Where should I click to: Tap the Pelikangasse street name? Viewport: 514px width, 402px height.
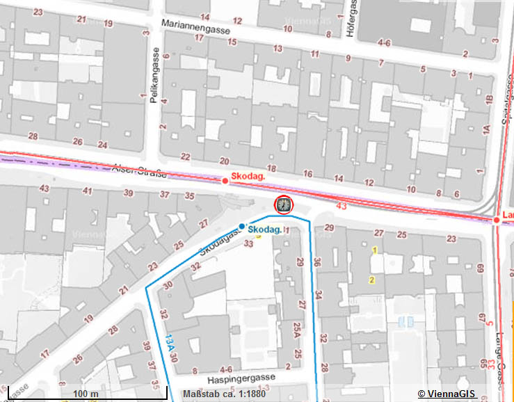pyautogui.click(x=154, y=80)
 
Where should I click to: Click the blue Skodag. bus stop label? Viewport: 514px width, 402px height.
pyautogui.click(x=264, y=230)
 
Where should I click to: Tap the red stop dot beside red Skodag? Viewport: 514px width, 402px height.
pyautogui.click(x=225, y=181)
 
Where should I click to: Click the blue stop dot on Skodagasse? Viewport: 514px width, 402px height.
pyautogui.click(x=241, y=227)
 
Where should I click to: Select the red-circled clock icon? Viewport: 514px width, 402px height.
pyautogui.click(x=284, y=204)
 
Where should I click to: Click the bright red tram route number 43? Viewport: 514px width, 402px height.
pyautogui.click(x=341, y=205)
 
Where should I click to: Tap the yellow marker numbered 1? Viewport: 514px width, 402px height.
pyautogui.click(x=375, y=250)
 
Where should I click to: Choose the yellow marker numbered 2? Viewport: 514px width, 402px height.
pyautogui.click(x=371, y=280)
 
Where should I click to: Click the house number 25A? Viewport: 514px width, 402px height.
pyautogui.click(x=298, y=328)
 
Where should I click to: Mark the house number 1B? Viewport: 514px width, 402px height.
pyautogui.click(x=490, y=102)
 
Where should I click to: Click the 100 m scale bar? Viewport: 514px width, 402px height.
pyautogui.click(x=85, y=394)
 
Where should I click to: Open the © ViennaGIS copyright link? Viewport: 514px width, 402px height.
pyautogui.click(x=446, y=394)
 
